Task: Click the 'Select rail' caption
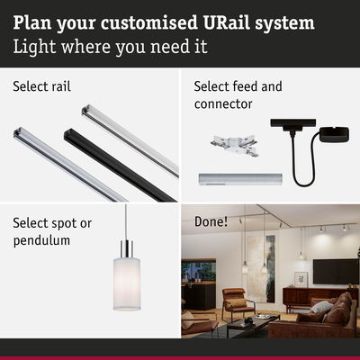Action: tap(41, 87)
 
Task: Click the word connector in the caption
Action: tap(224, 103)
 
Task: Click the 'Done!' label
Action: tap(211, 220)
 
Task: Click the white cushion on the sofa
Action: tap(321, 308)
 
